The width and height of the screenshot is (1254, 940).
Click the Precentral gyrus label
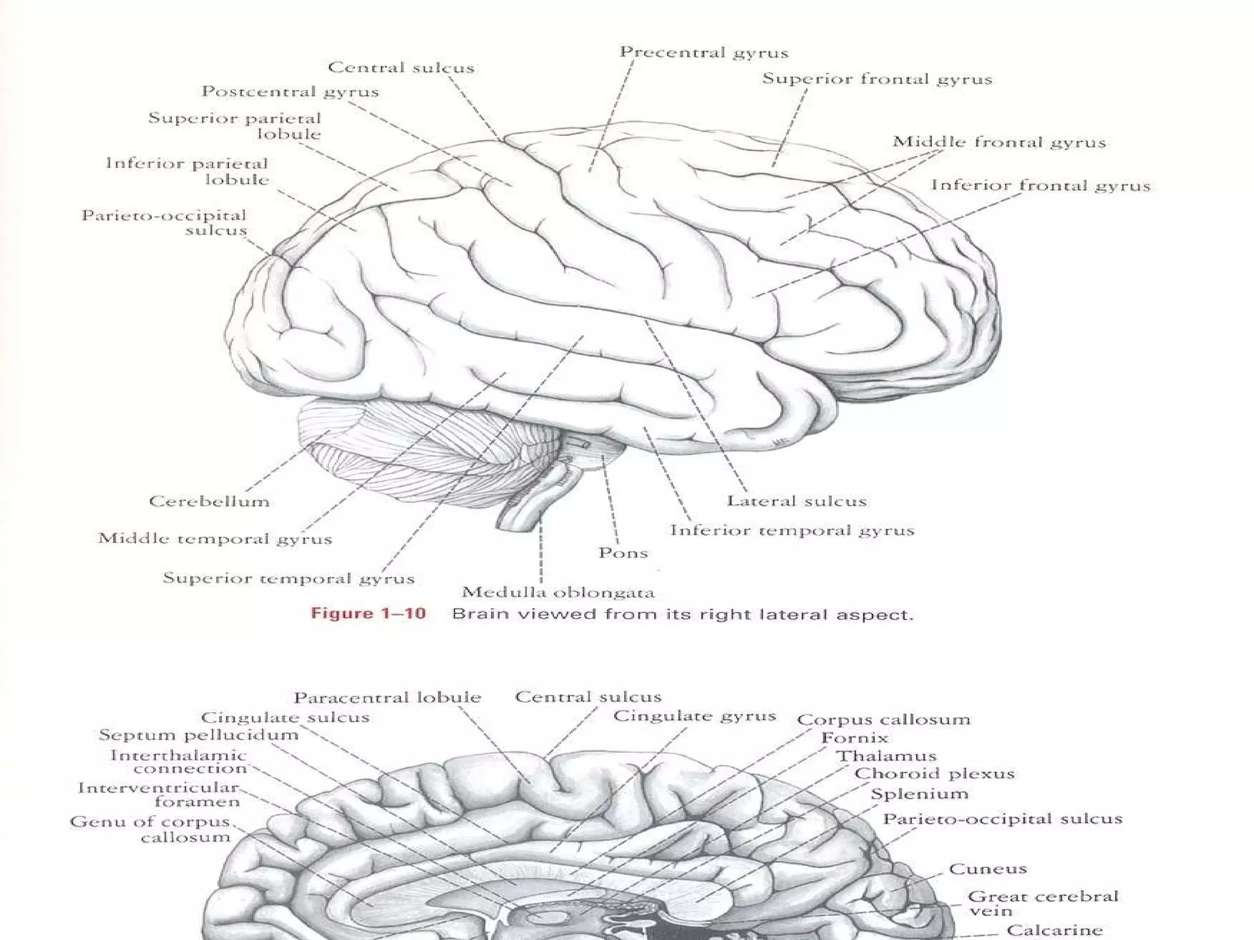click(x=704, y=53)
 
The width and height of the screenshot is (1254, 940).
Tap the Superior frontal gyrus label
click(x=877, y=80)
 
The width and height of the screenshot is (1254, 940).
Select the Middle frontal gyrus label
click(x=999, y=143)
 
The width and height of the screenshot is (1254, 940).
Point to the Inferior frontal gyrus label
click(x=1040, y=186)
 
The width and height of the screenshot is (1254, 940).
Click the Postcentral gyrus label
click(x=290, y=92)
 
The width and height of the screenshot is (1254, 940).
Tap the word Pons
click(x=623, y=553)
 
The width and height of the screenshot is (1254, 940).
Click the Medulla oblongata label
click(x=558, y=592)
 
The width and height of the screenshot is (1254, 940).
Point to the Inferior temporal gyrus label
click(x=792, y=531)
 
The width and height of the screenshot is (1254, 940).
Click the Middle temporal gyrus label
click(x=215, y=539)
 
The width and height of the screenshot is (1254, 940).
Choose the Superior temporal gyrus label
click(x=288, y=578)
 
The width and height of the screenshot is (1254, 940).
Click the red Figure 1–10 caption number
click(x=368, y=614)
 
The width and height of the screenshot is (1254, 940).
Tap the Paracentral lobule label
click(x=387, y=698)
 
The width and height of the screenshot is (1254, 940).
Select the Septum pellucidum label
click(x=198, y=735)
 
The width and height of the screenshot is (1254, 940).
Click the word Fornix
click(x=854, y=738)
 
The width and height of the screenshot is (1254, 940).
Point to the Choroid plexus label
click(x=934, y=774)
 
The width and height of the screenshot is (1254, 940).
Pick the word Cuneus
click(x=988, y=869)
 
